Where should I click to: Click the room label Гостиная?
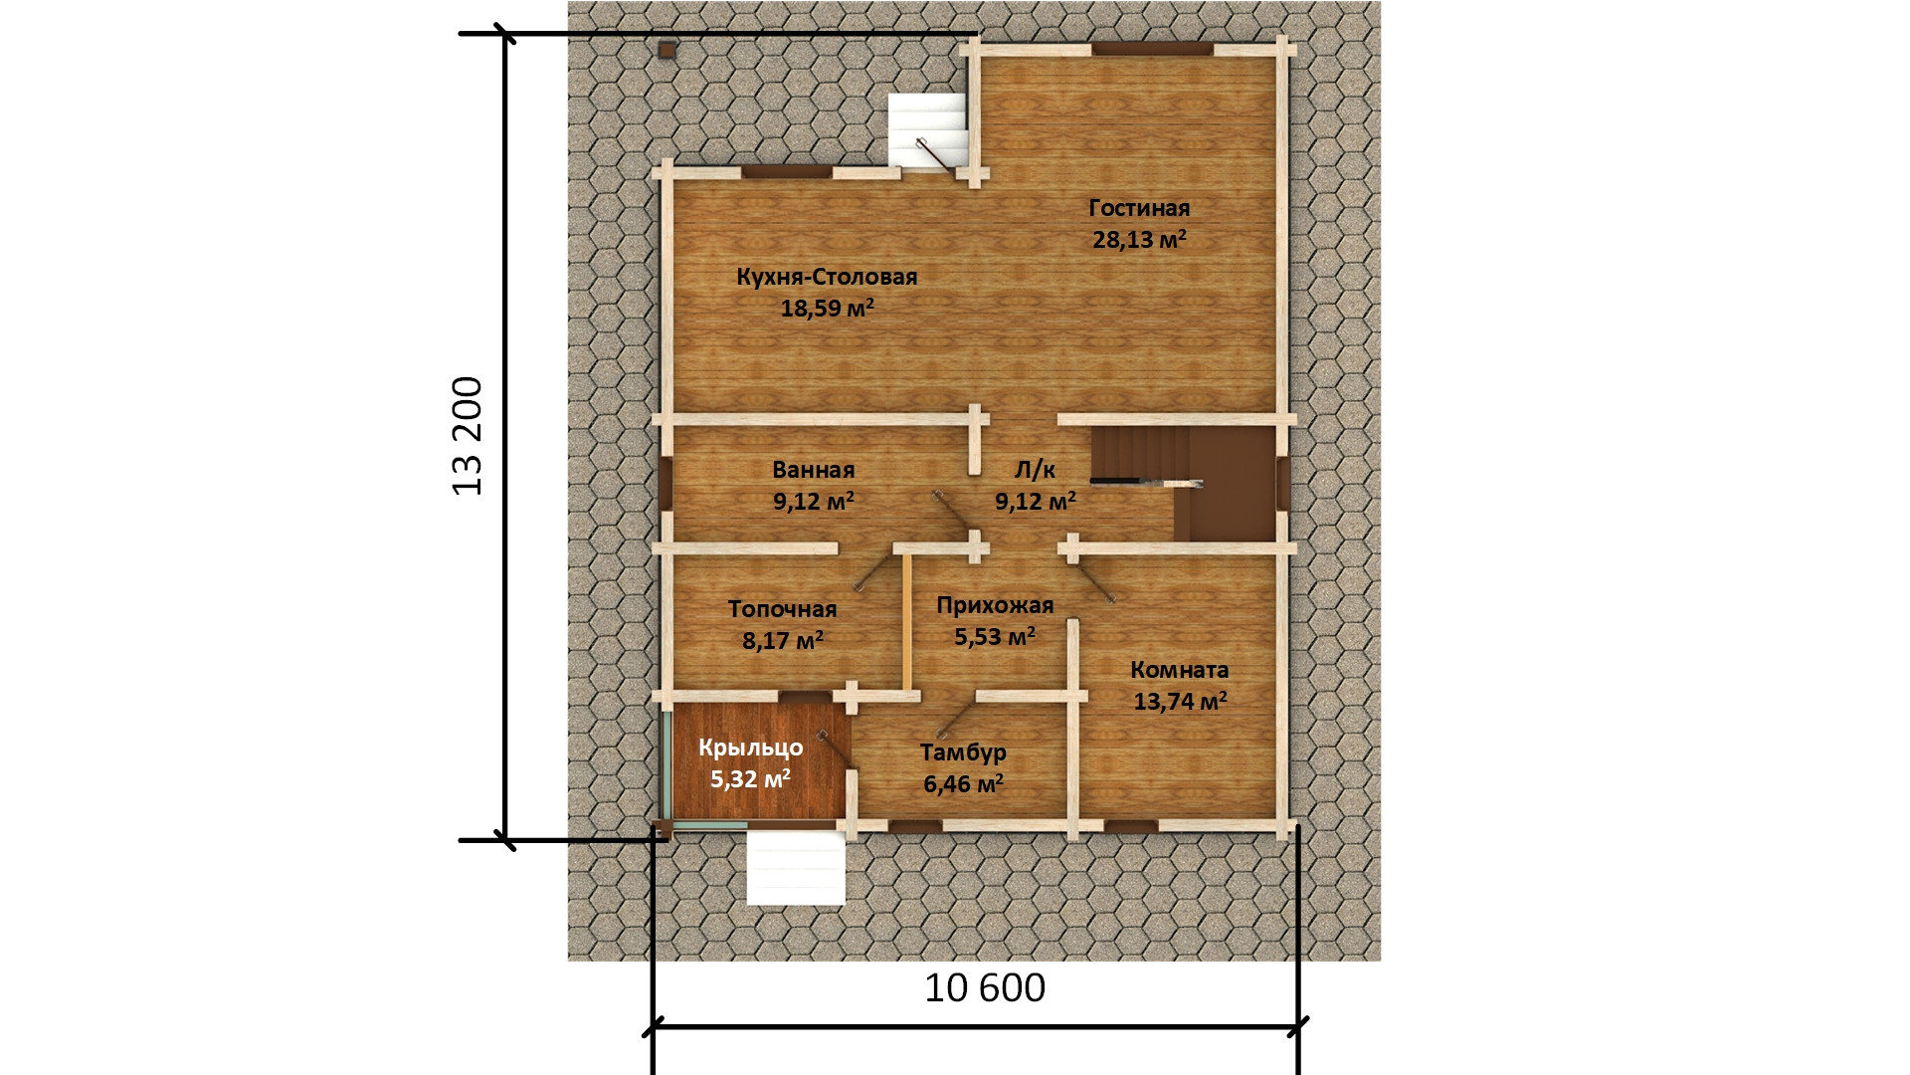pyautogui.click(x=1139, y=208)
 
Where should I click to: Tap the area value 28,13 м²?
pyautogui.click(x=1139, y=239)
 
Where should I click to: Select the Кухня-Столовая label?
pyautogui.click(x=827, y=277)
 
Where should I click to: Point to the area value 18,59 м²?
pyautogui.click(x=827, y=308)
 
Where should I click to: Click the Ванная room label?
pyautogui.click(x=814, y=470)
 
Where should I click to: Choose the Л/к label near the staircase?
pyautogui.click(x=1035, y=470)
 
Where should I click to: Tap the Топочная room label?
pyautogui.click(x=783, y=609)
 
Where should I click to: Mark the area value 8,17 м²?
pyautogui.click(x=783, y=640)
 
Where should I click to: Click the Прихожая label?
pyautogui.click(x=995, y=605)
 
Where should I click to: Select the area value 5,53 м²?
pyautogui.click(x=995, y=636)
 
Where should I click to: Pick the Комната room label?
pyautogui.click(x=1180, y=670)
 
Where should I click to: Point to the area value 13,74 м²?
pyautogui.click(x=1180, y=701)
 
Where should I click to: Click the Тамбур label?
pyautogui.click(x=963, y=752)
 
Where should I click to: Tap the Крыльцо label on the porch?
pyautogui.click(x=750, y=748)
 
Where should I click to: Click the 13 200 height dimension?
pyautogui.click(x=468, y=436)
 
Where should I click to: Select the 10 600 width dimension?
pyautogui.click(x=985, y=988)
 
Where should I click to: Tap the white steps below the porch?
pyautogui.click(x=796, y=868)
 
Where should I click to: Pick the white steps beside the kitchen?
pyautogui.click(x=927, y=131)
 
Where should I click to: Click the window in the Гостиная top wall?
pyautogui.click(x=1152, y=49)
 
